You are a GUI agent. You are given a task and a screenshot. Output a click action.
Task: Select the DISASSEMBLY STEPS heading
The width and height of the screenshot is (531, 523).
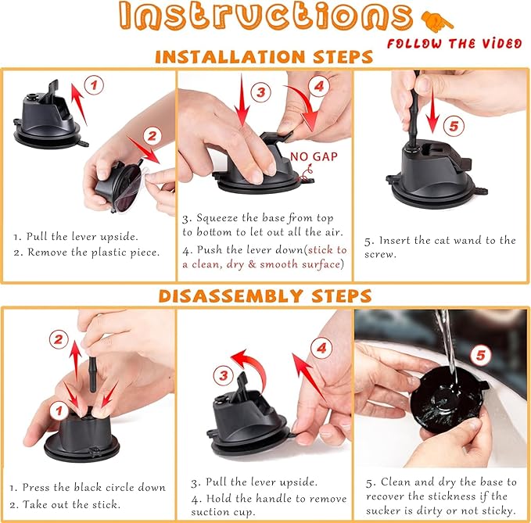pyautogui.click(x=264, y=296)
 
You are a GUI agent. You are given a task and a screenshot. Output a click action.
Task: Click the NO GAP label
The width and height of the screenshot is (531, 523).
pyautogui.click(x=308, y=156)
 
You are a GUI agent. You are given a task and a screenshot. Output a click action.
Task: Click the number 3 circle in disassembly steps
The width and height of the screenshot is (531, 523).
pyautogui.click(x=223, y=376)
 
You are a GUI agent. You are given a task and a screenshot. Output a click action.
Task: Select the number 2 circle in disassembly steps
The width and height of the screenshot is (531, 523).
pyautogui.click(x=59, y=339)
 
